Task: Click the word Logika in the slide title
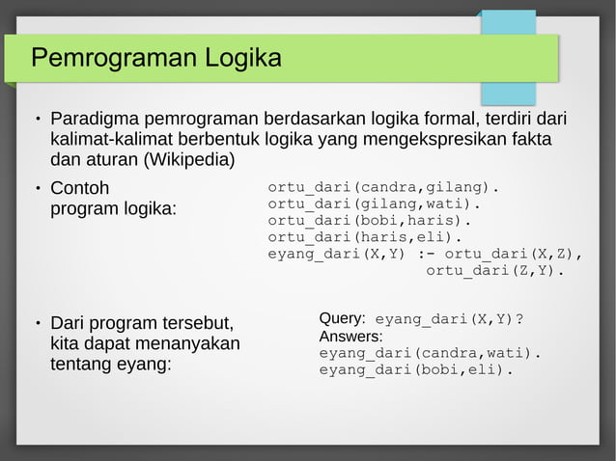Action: click(242, 59)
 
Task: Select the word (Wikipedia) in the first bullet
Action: click(189, 158)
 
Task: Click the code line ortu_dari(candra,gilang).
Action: click(383, 186)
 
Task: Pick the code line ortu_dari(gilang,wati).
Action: click(374, 203)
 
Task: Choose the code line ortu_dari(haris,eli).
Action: click(365, 237)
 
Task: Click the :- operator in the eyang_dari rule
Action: click(425, 255)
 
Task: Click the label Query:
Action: click(342, 318)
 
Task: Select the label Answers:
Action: click(350, 336)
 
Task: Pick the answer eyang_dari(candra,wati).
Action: click(430, 353)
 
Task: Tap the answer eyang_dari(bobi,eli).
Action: click(416, 369)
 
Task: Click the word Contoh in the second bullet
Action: click(79, 187)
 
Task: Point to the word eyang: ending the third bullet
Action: click(140, 366)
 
